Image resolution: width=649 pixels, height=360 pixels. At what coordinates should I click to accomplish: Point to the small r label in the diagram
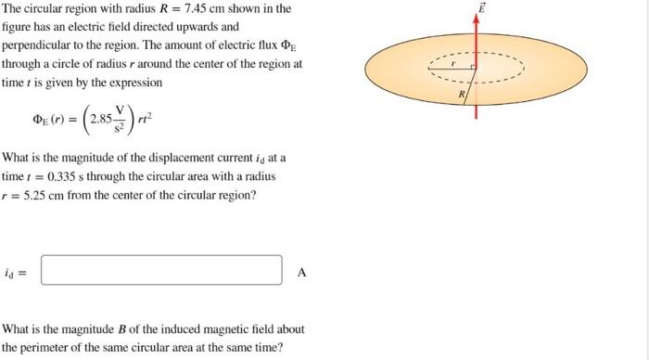[453, 63]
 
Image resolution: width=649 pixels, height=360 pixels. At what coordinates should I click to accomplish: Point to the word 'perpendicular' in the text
[33, 45]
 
